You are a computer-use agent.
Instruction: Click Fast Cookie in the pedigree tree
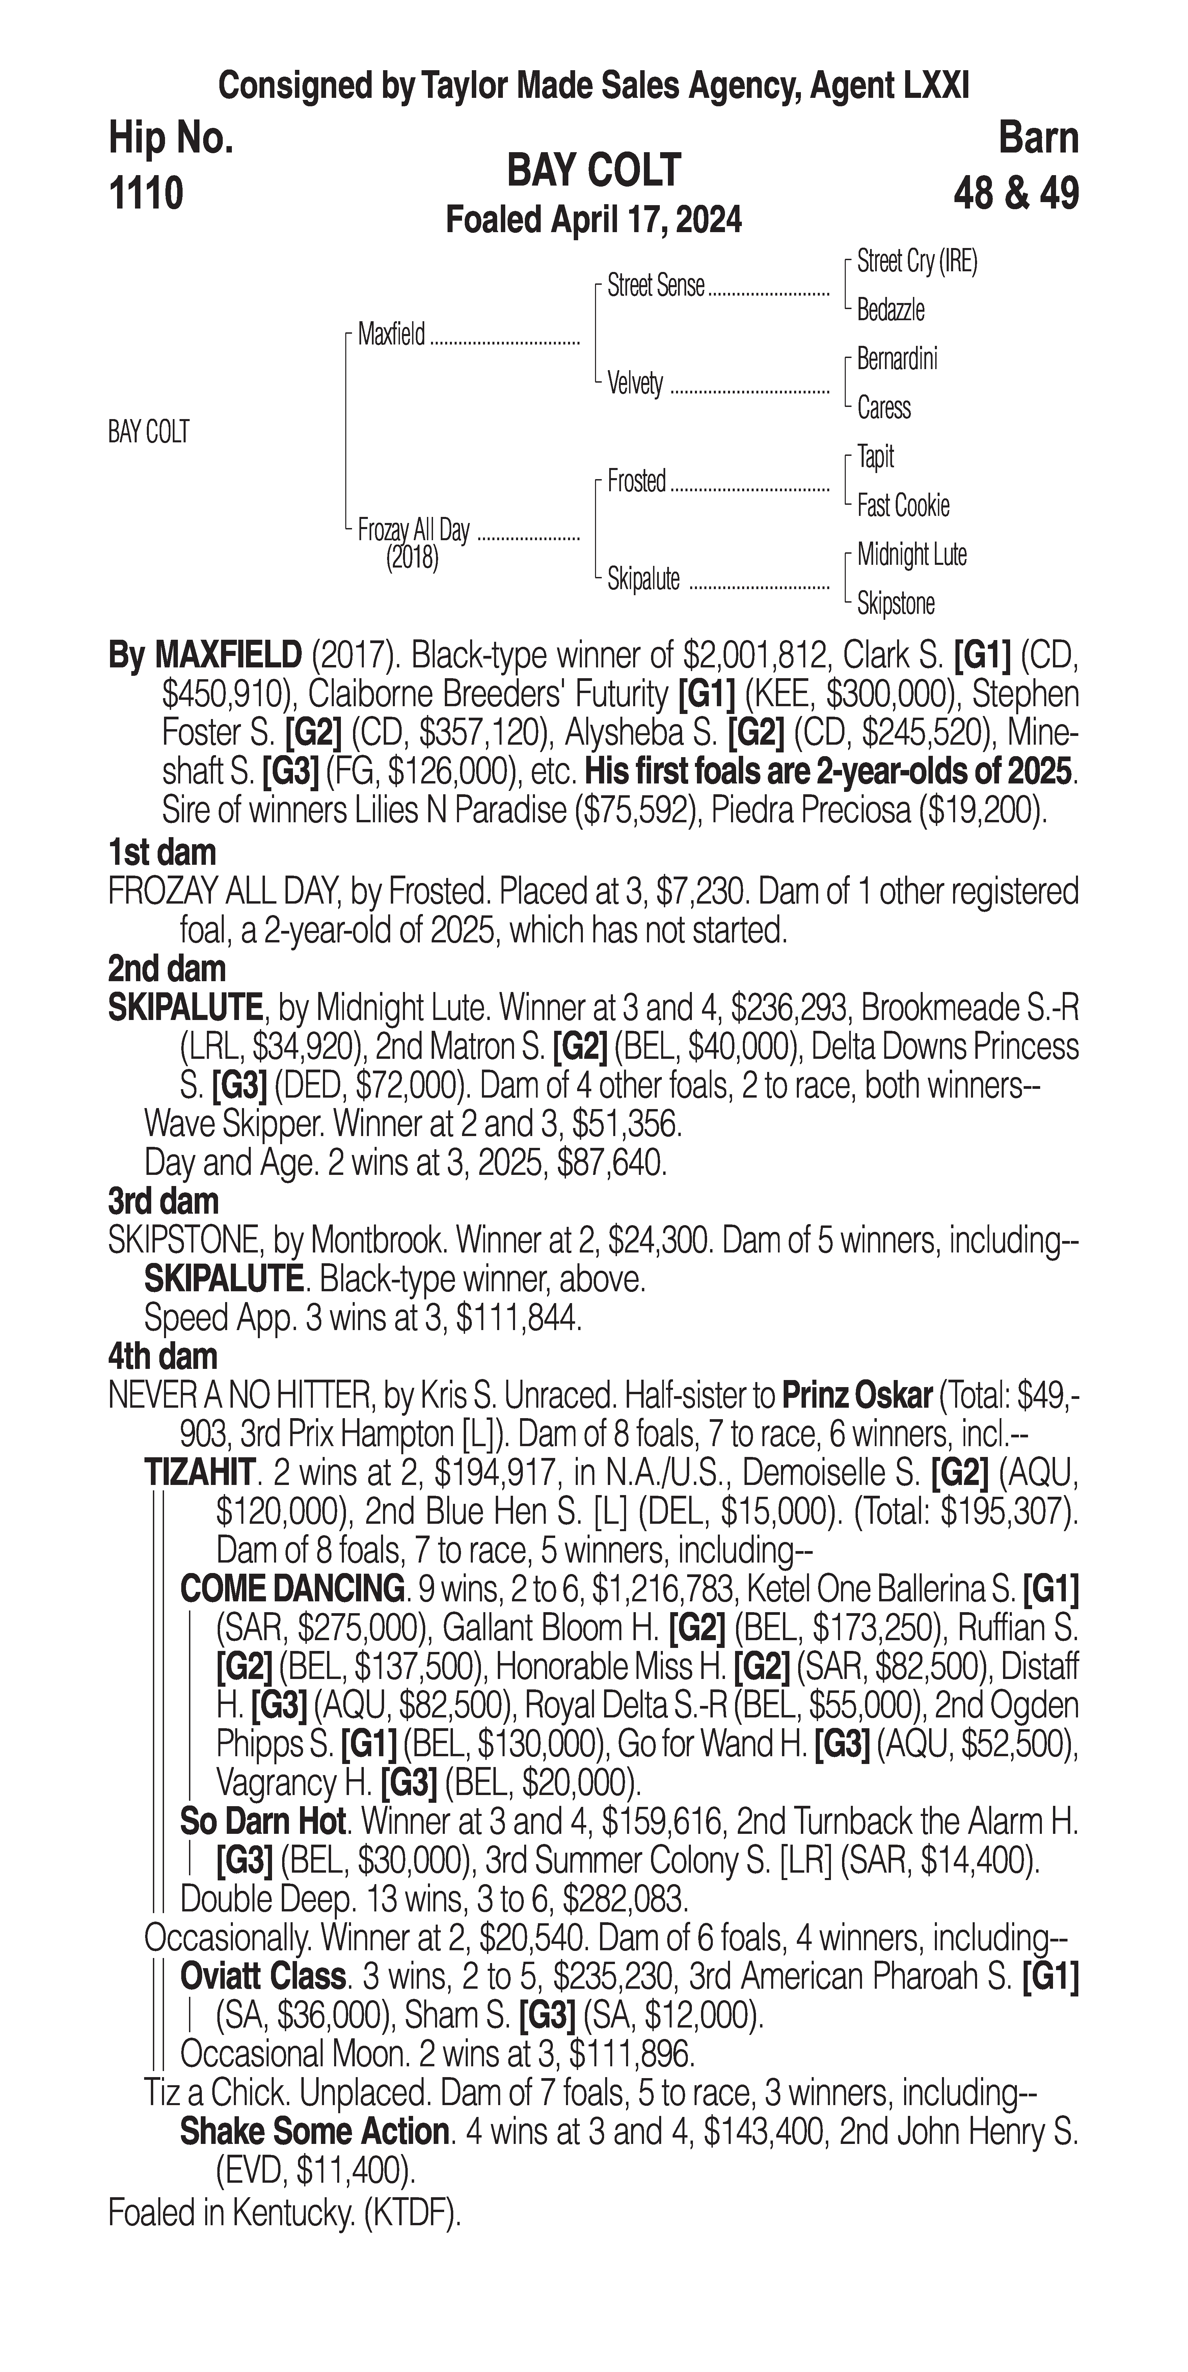(x=902, y=505)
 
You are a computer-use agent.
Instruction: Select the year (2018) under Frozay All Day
(x=412, y=558)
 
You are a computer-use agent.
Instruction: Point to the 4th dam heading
(x=163, y=1356)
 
